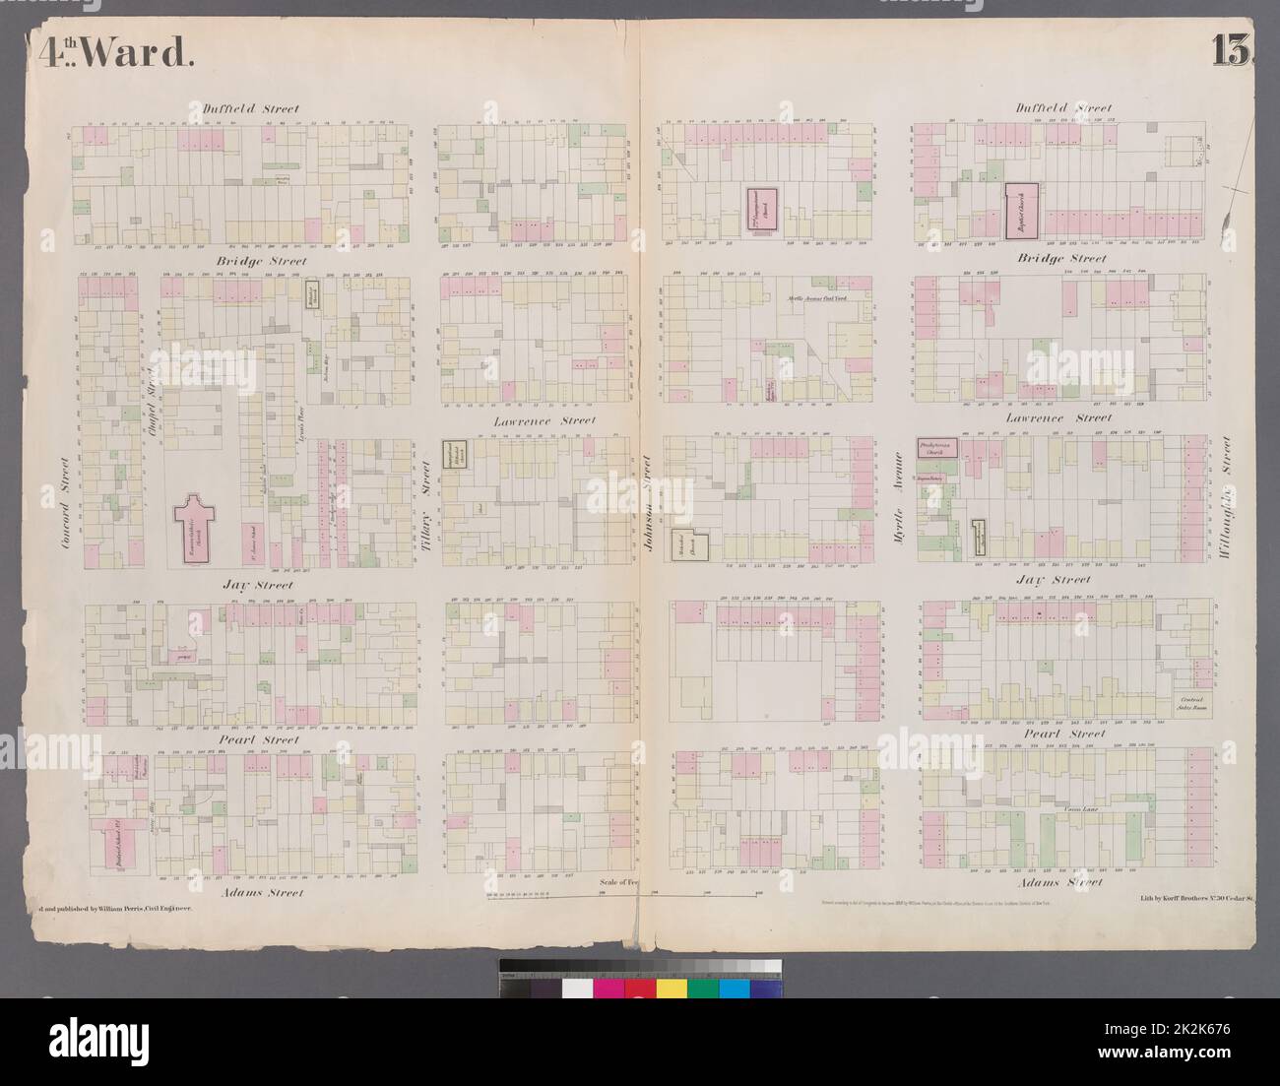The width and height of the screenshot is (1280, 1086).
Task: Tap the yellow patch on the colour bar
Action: tap(672, 988)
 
